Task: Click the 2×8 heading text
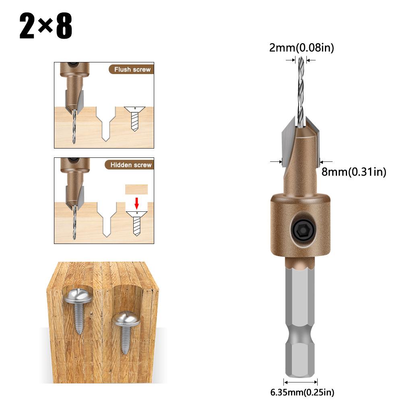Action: (x=45, y=27)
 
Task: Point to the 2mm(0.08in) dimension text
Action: (x=302, y=48)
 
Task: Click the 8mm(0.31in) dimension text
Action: (x=354, y=172)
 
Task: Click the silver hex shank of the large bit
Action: (x=301, y=314)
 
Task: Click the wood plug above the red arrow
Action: (x=136, y=190)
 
